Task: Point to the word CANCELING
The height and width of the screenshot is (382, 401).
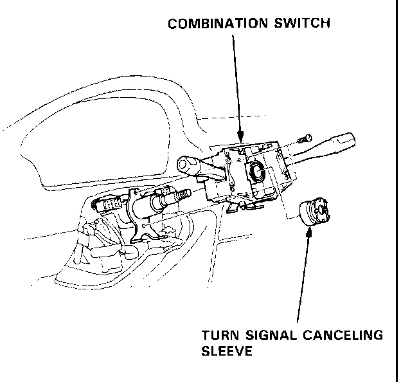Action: [x=346, y=336]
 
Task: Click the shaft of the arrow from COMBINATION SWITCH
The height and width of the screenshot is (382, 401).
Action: [x=236, y=84]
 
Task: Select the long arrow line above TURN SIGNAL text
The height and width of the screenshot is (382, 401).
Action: [x=304, y=277]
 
